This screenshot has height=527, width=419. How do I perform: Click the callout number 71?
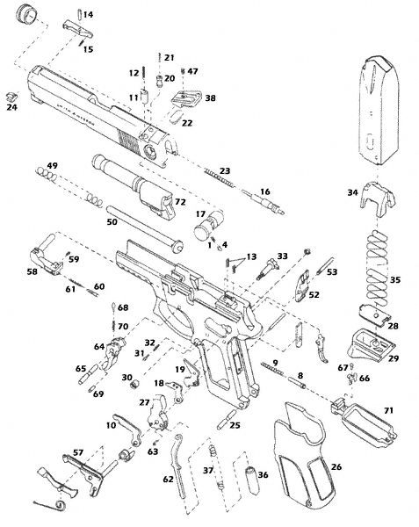click(x=387, y=411)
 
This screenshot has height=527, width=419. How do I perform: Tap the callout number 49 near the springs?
click(x=52, y=166)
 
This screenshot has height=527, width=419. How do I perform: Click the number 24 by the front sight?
click(x=11, y=109)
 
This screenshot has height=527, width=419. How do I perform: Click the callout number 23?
click(x=226, y=170)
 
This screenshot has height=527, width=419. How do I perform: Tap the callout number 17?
click(x=200, y=213)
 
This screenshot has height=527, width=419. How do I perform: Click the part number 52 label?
click(x=314, y=295)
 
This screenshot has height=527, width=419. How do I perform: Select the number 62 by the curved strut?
click(x=168, y=480)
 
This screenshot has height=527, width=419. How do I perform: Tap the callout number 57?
click(x=77, y=452)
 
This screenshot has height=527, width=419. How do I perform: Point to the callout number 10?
click(x=112, y=424)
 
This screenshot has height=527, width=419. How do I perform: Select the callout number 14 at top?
click(x=89, y=15)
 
